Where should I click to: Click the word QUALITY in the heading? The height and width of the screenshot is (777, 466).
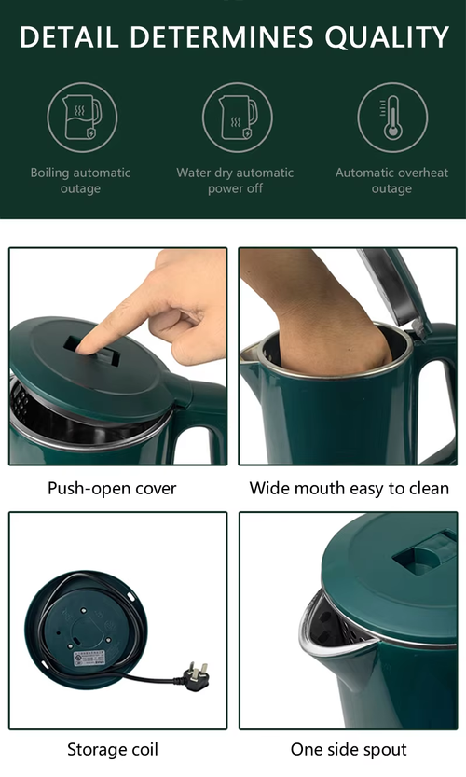point(387,37)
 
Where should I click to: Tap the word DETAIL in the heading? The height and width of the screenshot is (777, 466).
point(69,37)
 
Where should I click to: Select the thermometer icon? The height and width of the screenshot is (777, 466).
point(392,118)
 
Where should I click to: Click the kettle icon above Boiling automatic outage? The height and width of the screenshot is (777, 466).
point(82,118)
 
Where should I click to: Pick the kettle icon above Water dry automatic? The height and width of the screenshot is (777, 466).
point(238,118)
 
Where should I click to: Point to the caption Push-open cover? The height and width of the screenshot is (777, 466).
point(112,489)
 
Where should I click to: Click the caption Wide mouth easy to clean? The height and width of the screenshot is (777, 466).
point(349,489)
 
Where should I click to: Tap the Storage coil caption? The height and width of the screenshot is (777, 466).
point(113,749)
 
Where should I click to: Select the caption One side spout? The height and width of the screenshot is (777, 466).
point(349,749)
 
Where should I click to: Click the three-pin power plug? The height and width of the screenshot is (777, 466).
point(196,676)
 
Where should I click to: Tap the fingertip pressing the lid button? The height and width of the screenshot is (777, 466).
point(85,346)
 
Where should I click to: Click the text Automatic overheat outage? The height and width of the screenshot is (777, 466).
point(391,180)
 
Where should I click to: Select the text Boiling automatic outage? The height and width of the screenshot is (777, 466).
point(81,180)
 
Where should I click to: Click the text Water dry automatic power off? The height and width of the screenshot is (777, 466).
point(235,180)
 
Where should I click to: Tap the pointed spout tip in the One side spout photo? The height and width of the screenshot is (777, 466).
point(302,640)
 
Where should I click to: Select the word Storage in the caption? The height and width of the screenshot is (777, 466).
point(94,749)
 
